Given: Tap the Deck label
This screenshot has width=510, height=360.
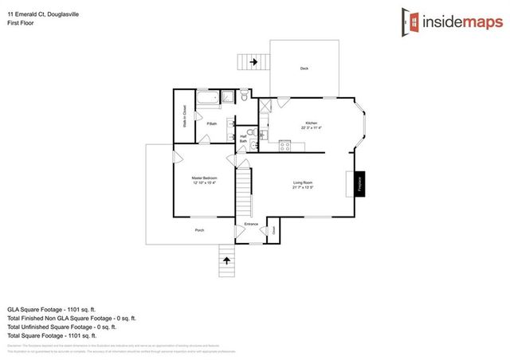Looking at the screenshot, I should pos(304,68).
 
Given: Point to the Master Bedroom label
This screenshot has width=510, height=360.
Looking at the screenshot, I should pos(204,180).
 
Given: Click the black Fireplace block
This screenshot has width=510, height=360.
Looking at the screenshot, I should pos(359,184).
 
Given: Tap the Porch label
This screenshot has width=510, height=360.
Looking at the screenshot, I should pos(199,230).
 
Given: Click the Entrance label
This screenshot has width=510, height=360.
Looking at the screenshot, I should pos(251,224).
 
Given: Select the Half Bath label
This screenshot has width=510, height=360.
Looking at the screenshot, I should pos(243,139).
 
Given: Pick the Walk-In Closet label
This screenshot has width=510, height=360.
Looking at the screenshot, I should pos(185,117).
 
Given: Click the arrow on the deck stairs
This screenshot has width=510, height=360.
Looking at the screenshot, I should pos(254,61).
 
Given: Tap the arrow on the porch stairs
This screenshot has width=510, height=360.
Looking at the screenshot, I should pos(227,260).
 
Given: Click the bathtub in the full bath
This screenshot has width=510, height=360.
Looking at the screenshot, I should pos(208,99).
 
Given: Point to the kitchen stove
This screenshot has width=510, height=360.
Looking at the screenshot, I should pos(284,145).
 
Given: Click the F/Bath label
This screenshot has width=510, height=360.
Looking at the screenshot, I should pos(211,123).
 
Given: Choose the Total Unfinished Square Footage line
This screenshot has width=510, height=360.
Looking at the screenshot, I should pos(62,327).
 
